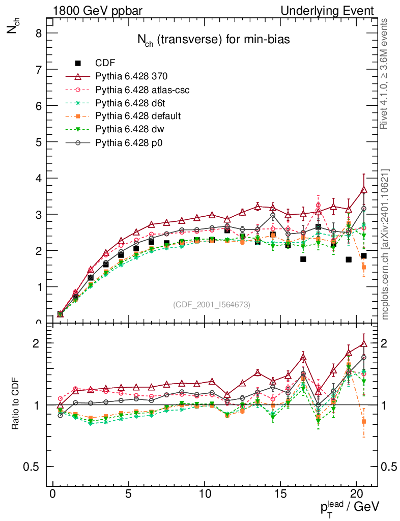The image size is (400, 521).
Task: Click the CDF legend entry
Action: click(105, 63)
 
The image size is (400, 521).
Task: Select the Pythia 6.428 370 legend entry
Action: click(131, 76)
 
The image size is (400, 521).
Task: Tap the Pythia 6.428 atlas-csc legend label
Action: click(142, 90)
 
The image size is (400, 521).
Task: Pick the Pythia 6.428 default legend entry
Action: click(138, 117)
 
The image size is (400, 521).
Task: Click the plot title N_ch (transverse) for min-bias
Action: click(213, 41)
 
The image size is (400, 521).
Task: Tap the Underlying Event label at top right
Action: click(334, 11)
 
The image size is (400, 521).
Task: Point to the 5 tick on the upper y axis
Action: click(38, 142)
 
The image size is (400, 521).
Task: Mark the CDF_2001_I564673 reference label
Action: click(212, 305)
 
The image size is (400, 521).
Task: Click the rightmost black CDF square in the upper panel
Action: click(363, 256)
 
